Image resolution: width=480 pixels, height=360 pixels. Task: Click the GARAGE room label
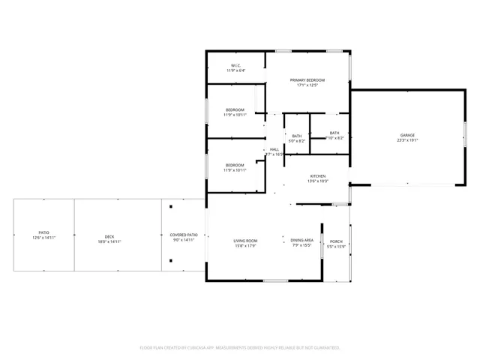pyautogui.click(x=407, y=135)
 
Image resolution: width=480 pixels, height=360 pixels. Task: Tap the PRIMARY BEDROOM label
pyautogui.click(x=307, y=80)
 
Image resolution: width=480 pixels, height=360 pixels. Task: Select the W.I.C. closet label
pyautogui.click(x=235, y=65)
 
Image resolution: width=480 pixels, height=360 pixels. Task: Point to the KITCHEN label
pyautogui.click(x=318, y=176)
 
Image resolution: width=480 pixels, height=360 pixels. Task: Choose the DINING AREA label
pyautogui.click(x=303, y=241)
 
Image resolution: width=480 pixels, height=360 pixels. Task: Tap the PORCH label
pyautogui.click(x=337, y=241)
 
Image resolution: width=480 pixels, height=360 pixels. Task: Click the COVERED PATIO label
pyautogui.click(x=183, y=235)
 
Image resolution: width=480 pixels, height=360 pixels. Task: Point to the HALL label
pyautogui.click(x=274, y=149)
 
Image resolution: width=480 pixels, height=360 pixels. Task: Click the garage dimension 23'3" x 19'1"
pyautogui.click(x=407, y=140)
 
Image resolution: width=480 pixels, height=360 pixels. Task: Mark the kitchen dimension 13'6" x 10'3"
pyautogui.click(x=318, y=181)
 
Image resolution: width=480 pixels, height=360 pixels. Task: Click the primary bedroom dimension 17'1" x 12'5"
pyautogui.click(x=307, y=85)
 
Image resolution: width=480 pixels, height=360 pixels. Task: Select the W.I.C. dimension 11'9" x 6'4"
pyautogui.click(x=235, y=70)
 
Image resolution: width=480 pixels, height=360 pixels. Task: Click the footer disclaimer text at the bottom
pyautogui.click(x=240, y=348)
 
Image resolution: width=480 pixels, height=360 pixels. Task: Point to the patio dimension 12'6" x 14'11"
pyautogui.click(x=44, y=237)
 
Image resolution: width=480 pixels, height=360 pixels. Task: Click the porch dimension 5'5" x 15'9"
pyautogui.click(x=337, y=247)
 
